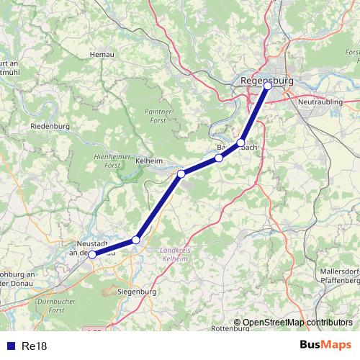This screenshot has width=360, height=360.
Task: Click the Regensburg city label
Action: pos(268,80)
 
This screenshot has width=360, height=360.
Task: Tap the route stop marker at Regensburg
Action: pos(268,86)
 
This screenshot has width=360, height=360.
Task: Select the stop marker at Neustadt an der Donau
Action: pos(91,254)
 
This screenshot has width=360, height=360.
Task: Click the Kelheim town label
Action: pos(149,161)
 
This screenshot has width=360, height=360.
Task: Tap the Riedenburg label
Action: pos(50,126)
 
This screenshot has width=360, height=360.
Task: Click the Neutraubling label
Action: pos(318,103)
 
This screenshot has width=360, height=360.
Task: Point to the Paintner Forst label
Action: pos(160,117)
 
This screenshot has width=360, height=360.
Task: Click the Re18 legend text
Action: pos(35,346)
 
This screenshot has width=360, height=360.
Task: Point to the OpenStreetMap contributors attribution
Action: pos(297,323)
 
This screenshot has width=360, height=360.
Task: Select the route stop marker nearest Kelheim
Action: pos(181,174)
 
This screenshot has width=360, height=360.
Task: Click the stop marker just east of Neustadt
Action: pos(135,239)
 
